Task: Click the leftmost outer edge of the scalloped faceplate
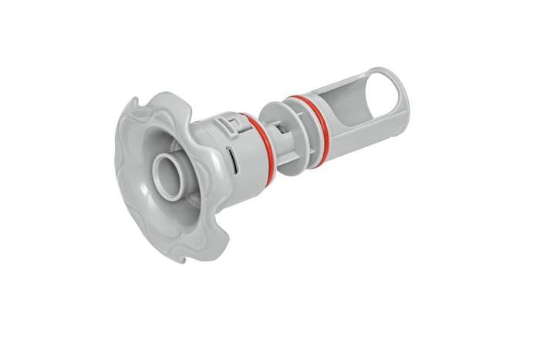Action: coord(117,154)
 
